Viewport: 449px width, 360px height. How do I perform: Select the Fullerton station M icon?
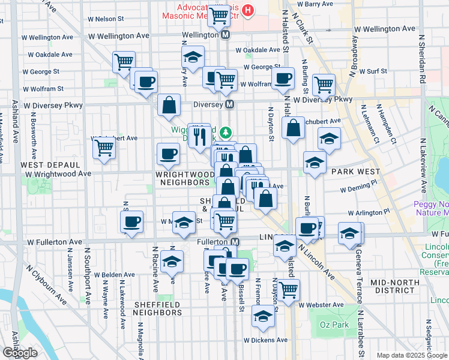[x=235, y=242]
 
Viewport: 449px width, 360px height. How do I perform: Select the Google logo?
[x=20, y=352]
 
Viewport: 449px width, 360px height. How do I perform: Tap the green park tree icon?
[x=226, y=132]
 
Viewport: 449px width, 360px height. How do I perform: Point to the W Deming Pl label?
[x=361, y=188]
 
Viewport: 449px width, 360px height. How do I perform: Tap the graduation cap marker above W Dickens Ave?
[x=263, y=316]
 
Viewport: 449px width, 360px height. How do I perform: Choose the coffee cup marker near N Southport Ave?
[x=132, y=222]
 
